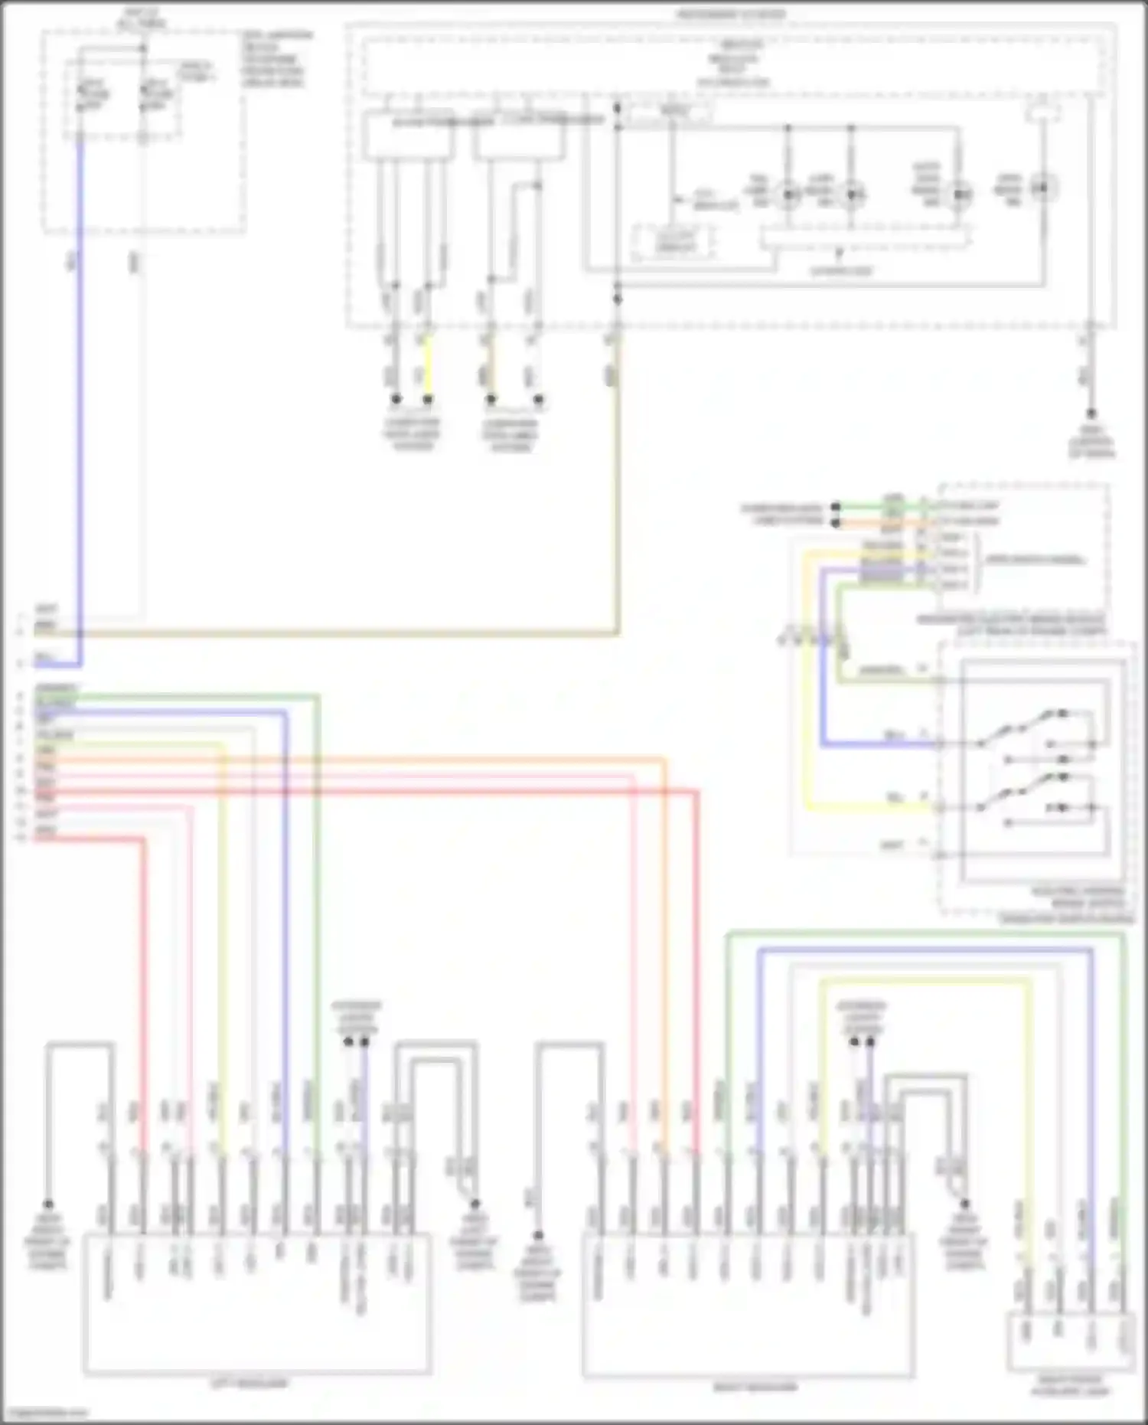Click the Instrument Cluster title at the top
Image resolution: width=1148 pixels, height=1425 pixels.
730,15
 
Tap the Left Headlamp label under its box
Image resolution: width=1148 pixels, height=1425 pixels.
249,1384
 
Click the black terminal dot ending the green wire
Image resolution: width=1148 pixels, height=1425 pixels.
836,506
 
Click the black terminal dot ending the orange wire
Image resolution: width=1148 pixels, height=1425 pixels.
836,524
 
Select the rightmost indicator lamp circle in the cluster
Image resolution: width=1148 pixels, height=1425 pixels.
1042,186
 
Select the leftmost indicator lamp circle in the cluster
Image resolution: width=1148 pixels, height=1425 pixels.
788,195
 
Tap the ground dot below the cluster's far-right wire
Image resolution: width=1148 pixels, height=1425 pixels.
1091,413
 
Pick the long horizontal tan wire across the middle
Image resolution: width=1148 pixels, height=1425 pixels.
344,634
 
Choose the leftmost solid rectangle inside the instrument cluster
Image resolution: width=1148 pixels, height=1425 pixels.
409,136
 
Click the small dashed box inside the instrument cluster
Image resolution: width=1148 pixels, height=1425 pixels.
673,243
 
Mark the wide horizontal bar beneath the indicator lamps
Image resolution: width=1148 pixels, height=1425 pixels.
865,237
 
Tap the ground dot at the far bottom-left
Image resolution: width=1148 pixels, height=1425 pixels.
47,1204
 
